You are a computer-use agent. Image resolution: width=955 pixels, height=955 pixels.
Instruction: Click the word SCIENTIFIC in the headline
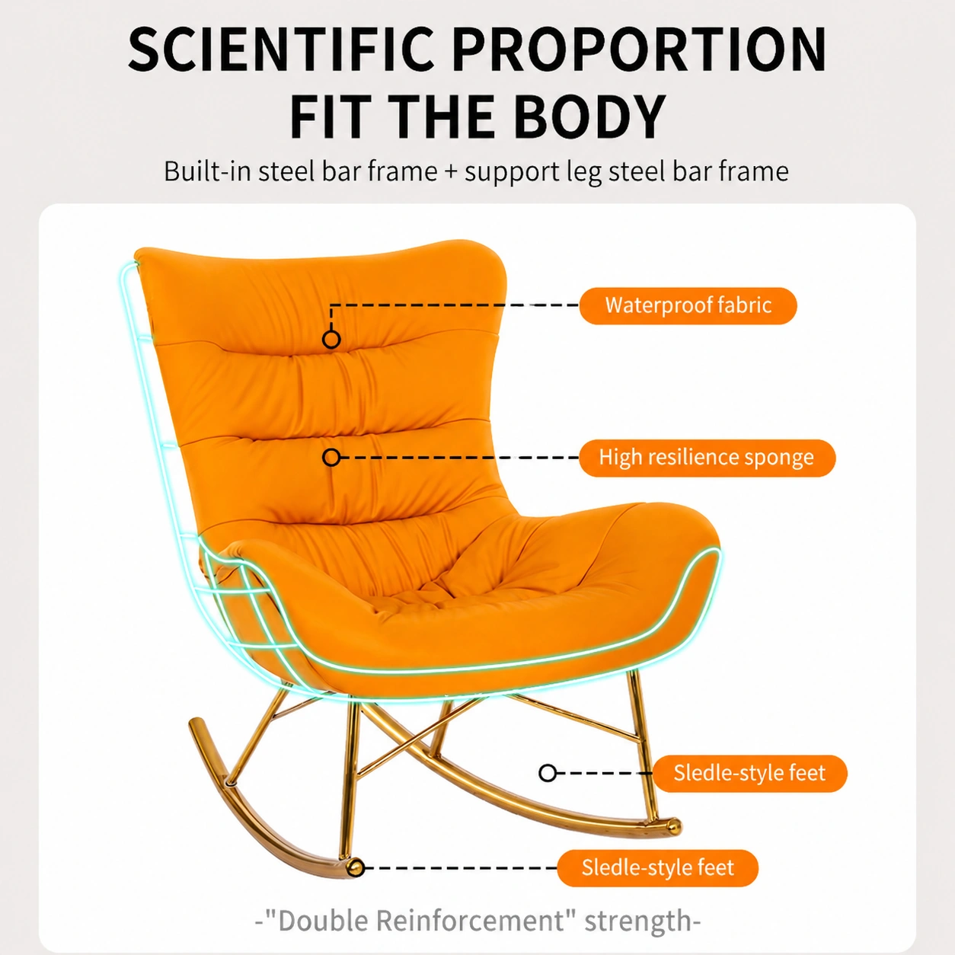(x=281, y=50)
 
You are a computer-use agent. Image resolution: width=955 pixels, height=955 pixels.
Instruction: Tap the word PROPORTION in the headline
(x=640, y=50)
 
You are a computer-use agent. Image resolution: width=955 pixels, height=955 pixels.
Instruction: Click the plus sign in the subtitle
(x=451, y=172)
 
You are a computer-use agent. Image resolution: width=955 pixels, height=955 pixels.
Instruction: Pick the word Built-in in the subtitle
(x=207, y=171)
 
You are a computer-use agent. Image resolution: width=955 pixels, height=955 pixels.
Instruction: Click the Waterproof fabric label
(x=688, y=306)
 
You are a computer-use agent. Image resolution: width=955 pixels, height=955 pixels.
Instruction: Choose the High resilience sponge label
(x=707, y=458)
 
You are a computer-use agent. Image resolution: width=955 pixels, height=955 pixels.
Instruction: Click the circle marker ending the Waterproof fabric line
(x=331, y=340)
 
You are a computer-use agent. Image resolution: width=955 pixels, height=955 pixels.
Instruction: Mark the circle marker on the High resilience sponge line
(x=331, y=458)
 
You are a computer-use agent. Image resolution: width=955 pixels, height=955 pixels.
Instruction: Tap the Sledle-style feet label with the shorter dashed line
(x=750, y=774)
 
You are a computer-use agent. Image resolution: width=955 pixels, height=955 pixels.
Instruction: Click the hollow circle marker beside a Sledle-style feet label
(x=548, y=773)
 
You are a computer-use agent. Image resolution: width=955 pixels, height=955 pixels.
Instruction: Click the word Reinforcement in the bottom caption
(x=470, y=921)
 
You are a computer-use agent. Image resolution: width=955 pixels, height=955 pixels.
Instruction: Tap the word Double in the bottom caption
(x=323, y=921)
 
